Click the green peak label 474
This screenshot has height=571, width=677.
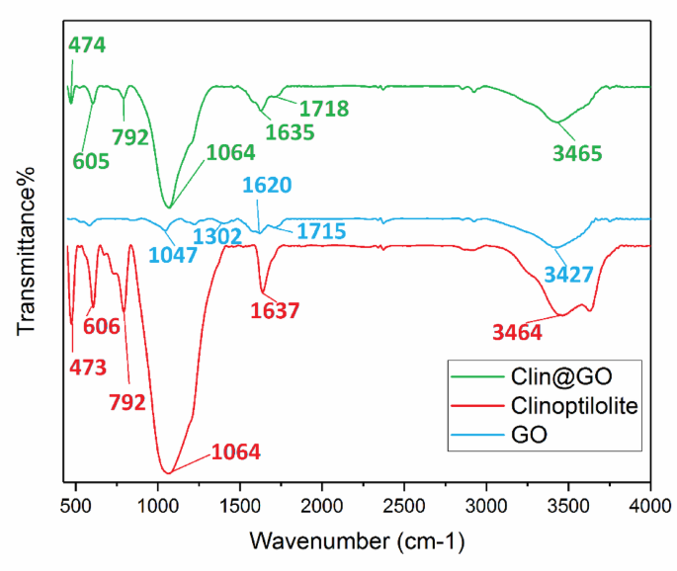point(86,44)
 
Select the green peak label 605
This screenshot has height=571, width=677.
point(90,162)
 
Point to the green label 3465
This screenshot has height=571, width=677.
point(576,153)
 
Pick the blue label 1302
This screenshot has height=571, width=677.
point(217,236)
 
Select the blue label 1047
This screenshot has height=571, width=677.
point(173,254)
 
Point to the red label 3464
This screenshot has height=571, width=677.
point(517,334)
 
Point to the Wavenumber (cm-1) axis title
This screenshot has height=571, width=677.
point(357,541)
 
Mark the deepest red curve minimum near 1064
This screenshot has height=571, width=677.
point(169,473)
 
